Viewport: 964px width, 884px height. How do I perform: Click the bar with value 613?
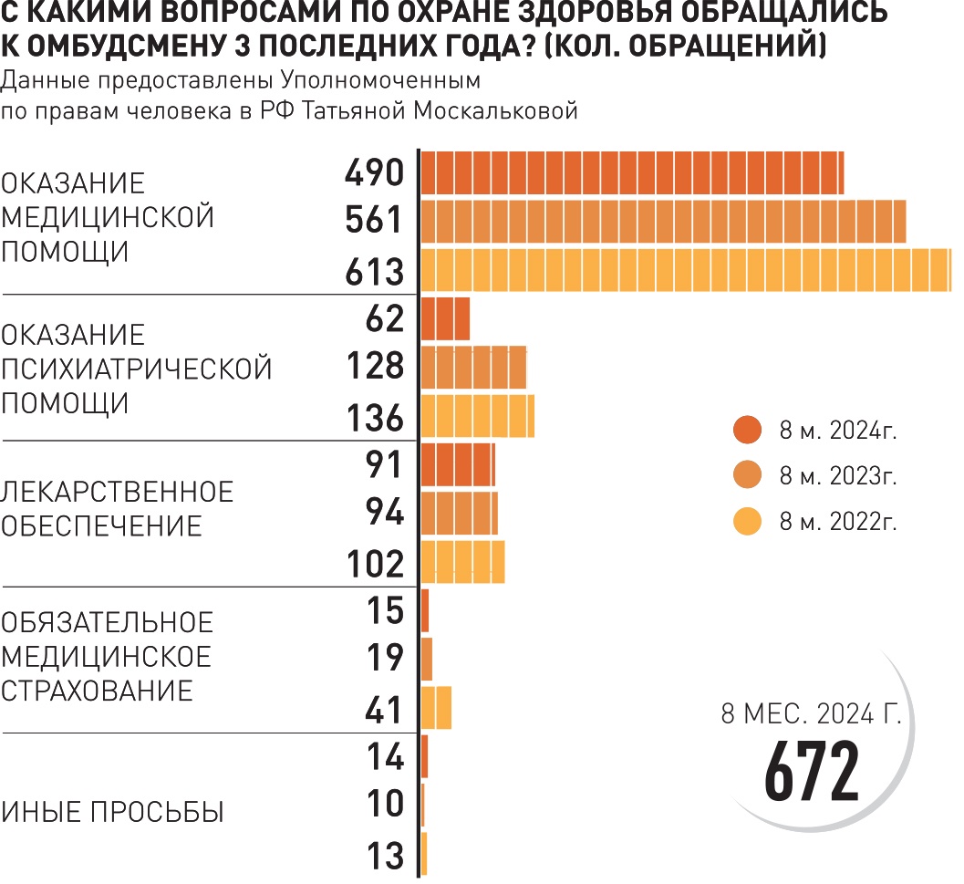click(684, 270)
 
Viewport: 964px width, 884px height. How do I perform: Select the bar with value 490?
click(631, 172)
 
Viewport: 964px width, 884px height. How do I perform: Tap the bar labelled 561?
click(663, 221)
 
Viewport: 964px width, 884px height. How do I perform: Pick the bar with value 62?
click(445, 318)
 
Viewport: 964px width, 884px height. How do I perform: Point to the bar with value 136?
click(477, 416)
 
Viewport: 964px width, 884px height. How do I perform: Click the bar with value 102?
click(462, 562)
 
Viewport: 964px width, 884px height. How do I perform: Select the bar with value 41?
click(436, 707)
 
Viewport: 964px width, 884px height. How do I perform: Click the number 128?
click(375, 367)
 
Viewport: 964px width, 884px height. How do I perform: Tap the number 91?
click(384, 464)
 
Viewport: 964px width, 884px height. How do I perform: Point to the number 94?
click(384, 514)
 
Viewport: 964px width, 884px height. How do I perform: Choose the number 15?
click(384, 610)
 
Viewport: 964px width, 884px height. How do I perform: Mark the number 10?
click(384, 805)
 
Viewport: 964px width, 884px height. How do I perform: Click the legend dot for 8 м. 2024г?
click(747, 430)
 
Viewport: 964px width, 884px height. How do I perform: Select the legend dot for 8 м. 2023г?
click(747, 476)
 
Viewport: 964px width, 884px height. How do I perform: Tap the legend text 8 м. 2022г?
click(838, 523)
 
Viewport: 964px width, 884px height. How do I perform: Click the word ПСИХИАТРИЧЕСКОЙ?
click(137, 369)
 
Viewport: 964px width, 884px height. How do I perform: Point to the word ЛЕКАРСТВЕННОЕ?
click(119, 492)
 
